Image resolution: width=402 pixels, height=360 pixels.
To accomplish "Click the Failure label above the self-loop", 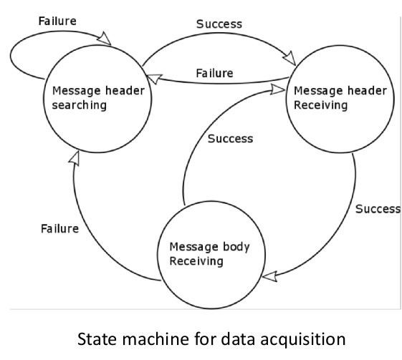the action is coord(57,21).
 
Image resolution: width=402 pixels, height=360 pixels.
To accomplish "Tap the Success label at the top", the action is coord(219,24).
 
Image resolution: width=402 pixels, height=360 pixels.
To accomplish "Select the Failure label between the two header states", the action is coord(214,73).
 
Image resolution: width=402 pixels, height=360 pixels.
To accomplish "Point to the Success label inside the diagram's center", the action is coord(230,139).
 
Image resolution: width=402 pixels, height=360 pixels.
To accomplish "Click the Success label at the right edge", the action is coord(378,209).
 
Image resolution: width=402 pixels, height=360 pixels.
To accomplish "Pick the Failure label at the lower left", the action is coord(59,228).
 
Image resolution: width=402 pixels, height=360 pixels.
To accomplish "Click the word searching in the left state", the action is coord(80,105).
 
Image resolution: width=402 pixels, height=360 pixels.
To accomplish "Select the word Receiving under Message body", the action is coord(196,261).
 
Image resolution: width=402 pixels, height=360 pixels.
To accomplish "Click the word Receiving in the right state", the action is coord(321,105).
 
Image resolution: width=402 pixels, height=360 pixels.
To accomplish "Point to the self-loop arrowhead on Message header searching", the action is coord(105,39).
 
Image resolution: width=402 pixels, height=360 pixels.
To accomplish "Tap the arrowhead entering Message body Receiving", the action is coord(269,276).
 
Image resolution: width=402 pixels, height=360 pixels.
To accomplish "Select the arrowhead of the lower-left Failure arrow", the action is coord(75,158).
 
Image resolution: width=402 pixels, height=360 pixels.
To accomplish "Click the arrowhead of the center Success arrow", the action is coord(277,90).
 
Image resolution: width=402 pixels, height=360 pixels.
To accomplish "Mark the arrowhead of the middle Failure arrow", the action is coord(154,79).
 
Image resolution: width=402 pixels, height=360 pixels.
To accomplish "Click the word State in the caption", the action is coord(97,339).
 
